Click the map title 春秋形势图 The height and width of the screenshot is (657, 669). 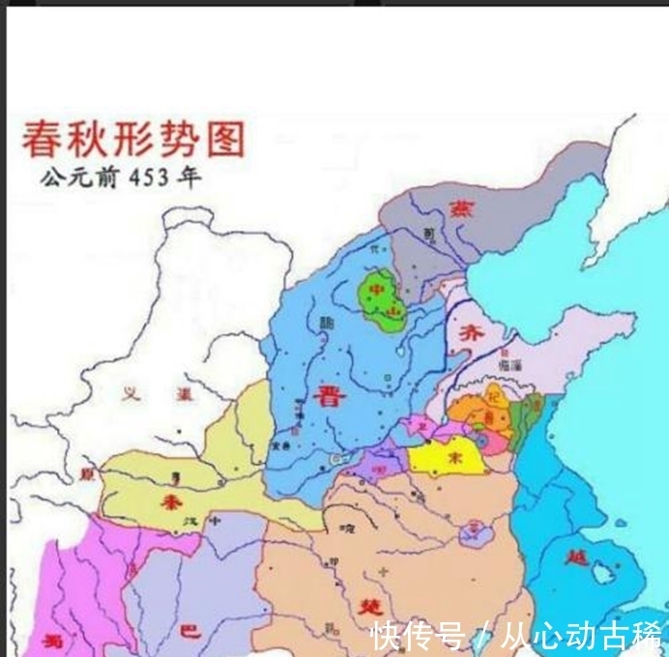[132, 141]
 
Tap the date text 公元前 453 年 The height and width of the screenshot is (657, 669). [121, 180]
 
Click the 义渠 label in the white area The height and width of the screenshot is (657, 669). [149, 392]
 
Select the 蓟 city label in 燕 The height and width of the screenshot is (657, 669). [428, 232]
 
